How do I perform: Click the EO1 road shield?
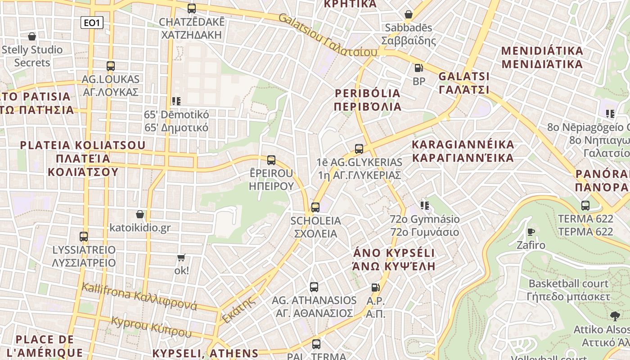92,22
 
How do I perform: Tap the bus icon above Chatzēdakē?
192,8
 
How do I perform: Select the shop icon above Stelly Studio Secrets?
32,36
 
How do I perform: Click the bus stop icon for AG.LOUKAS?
111,66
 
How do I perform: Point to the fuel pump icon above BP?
418,68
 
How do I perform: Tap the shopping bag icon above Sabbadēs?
409,14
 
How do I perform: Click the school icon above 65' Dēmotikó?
176,101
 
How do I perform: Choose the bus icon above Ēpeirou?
271,160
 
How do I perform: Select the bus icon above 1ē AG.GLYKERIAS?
359,148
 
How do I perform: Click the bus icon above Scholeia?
315,207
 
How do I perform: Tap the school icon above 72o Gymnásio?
424,206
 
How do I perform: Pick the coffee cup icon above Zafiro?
531,232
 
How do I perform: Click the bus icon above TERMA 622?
585,205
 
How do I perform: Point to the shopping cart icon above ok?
181,257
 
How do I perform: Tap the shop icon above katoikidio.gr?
140,214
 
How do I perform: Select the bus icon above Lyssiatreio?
84,236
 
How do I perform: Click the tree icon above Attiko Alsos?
615,316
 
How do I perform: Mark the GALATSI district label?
464,82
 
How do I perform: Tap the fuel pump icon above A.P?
375,287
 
